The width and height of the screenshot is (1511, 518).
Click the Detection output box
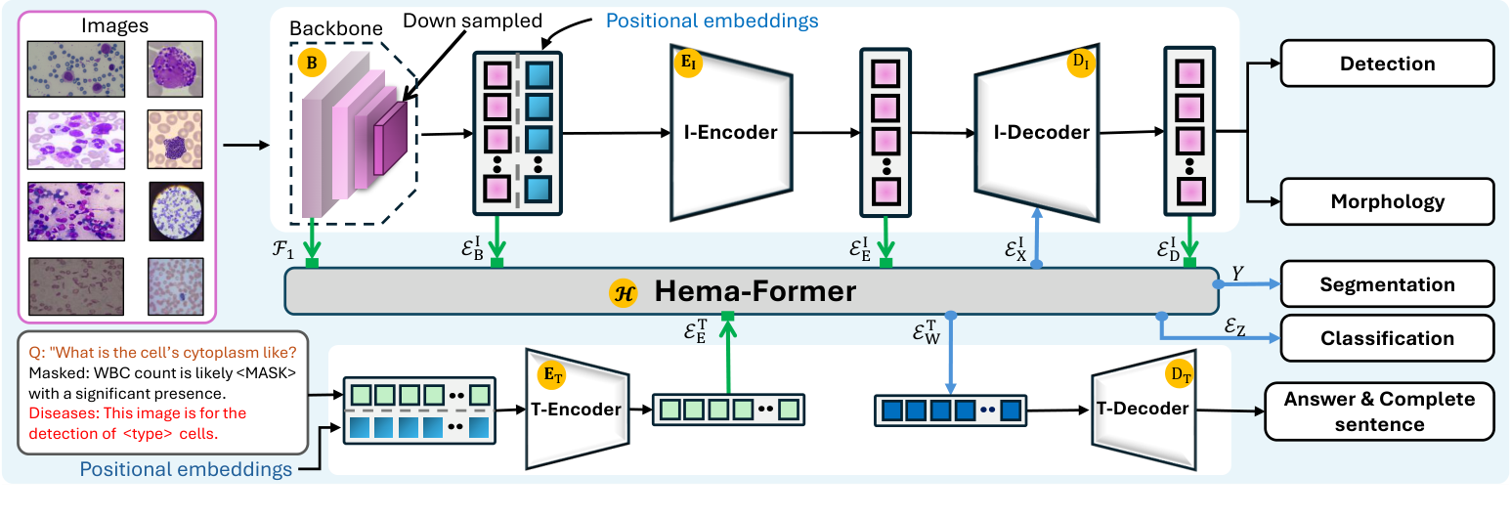[x=1387, y=64]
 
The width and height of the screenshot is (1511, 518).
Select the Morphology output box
[x=1387, y=202]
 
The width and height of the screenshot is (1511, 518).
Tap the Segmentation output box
[x=1387, y=284]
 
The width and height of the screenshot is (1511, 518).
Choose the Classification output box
[x=1387, y=338]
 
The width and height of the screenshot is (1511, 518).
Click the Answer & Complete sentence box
[x=1379, y=411]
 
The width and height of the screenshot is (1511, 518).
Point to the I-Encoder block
[x=730, y=132]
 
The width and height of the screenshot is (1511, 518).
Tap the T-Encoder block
[x=577, y=409]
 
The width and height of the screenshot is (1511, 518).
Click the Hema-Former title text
[x=755, y=291]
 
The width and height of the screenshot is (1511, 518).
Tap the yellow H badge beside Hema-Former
[x=622, y=292]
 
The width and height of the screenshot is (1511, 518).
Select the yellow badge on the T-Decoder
[x=1179, y=373]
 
